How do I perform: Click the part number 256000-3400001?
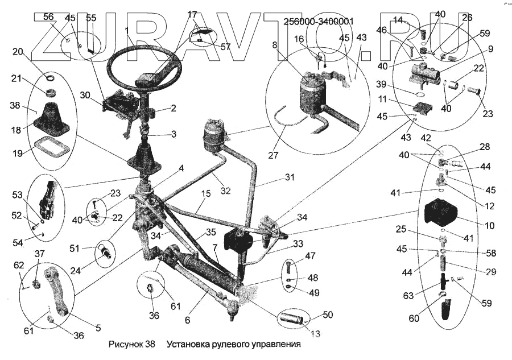click(319, 22)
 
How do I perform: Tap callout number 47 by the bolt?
click(311, 256)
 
